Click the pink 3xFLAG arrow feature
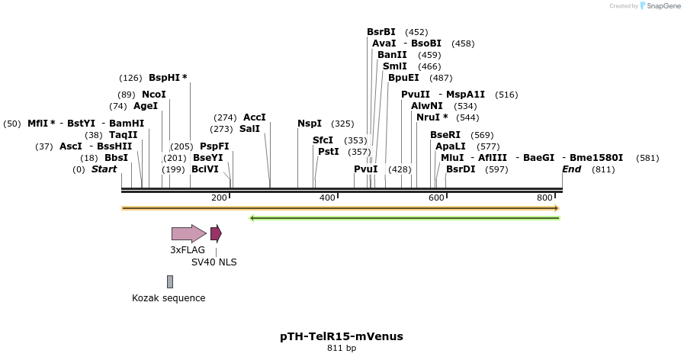coord(188,233)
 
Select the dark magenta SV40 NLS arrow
coord(216,233)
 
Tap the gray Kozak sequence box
coord(170,281)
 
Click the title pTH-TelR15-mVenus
coord(342,336)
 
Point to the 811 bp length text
coord(342,349)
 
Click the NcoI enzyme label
coord(154,95)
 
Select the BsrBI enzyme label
coord(381,32)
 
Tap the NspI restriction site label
coord(310,124)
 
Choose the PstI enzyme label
coord(329,152)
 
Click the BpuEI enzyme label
coord(403,78)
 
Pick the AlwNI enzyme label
coord(426,106)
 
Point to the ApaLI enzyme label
coord(450,146)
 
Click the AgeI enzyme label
coord(146,106)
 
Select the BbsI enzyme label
coord(117,158)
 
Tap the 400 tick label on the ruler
coord(327,198)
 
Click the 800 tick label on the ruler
coord(544,198)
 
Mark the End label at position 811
coord(571,169)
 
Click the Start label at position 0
coord(104,169)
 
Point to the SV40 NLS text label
coord(214,262)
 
